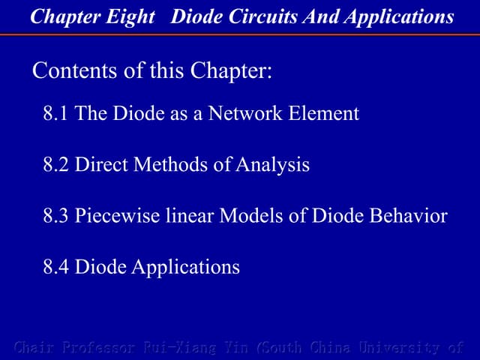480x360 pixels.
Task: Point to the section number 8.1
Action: (56, 114)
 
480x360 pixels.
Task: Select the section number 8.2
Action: (56, 165)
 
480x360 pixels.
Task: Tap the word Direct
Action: (102, 165)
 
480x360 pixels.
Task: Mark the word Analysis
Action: (272, 165)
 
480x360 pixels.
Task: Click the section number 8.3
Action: (56, 216)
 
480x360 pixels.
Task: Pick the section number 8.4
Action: (56, 266)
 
